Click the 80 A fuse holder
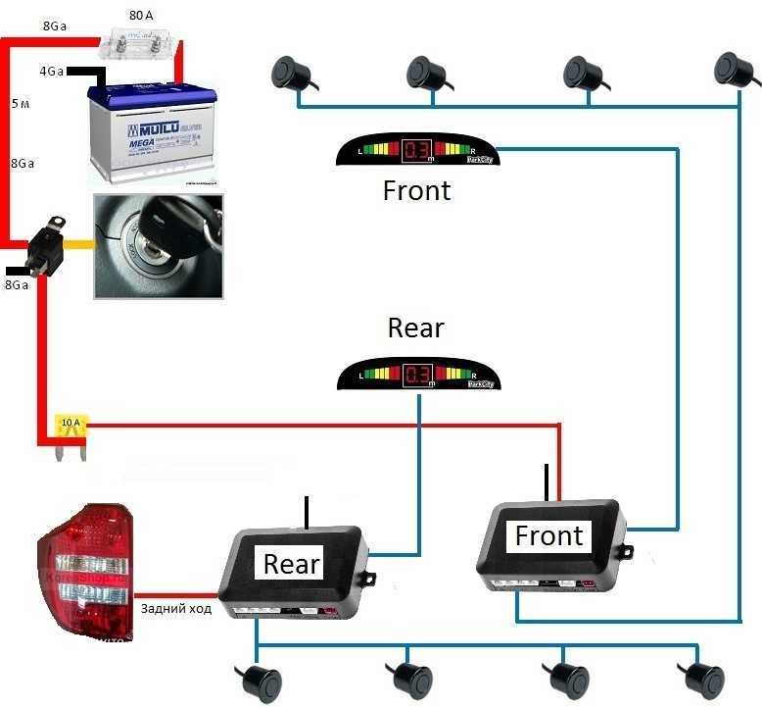(x=141, y=44)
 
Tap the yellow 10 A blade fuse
(x=71, y=429)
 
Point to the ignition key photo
(x=158, y=245)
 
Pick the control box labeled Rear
(x=294, y=575)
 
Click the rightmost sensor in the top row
(x=734, y=68)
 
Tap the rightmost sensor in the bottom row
(x=701, y=677)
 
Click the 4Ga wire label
(x=52, y=73)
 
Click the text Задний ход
(x=176, y=608)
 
